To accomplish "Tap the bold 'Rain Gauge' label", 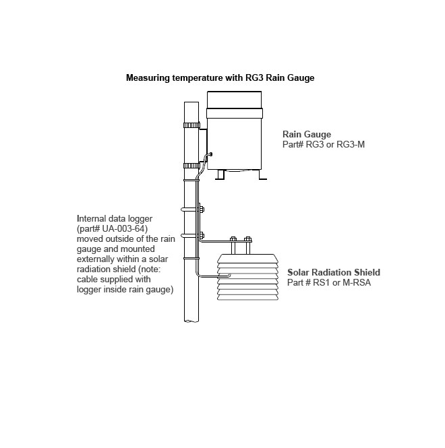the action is pyautogui.click(x=307, y=134).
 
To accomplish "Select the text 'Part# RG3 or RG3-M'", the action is pyautogui.click(x=324, y=144).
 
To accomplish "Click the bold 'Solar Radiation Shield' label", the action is pyautogui.click(x=334, y=273).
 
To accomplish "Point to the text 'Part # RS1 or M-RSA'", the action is pyautogui.click(x=329, y=282).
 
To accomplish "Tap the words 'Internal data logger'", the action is pyautogui.click(x=116, y=219).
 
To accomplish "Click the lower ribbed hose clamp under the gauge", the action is pyautogui.click(x=191, y=165).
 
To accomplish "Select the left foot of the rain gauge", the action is pyautogui.click(x=220, y=174).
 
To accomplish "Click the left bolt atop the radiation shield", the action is pyautogui.click(x=233, y=240).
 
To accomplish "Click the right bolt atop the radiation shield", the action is pyautogui.click(x=248, y=240).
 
